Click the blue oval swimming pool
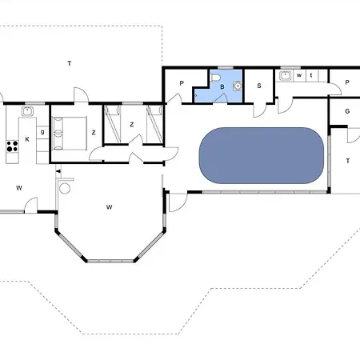(x=262, y=155)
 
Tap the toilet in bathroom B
(x=215, y=78)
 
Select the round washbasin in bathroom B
(x=237, y=86)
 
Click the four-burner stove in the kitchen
(x=12, y=146)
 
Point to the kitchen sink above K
(x=27, y=111)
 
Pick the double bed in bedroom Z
(x=70, y=134)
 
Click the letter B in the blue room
(x=222, y=86)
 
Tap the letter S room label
(x=259, y=86)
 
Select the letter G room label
(x=347, y=111)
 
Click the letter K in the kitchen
(x=27, y=139)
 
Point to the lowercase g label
(x=42, y=132)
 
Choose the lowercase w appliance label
(x=299, y=75)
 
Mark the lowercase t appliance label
(x=311, y=75)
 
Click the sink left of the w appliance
(x=286, y=76)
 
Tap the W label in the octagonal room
(x=109, y=207)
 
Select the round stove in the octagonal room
(x=65, y=188)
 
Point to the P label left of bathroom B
(x=182, y=83)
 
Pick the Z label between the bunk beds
(x=131, y=125)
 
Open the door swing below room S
(x=259, y=110)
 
